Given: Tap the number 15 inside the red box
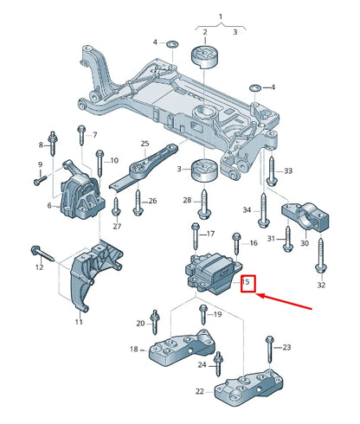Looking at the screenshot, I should [247, 282].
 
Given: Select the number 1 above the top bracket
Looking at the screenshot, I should [220, 16].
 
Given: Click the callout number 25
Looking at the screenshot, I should [145, 144].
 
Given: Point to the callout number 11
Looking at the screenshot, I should [79, 321].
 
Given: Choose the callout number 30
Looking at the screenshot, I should [304, 243].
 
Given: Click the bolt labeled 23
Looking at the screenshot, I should [269, 350].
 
